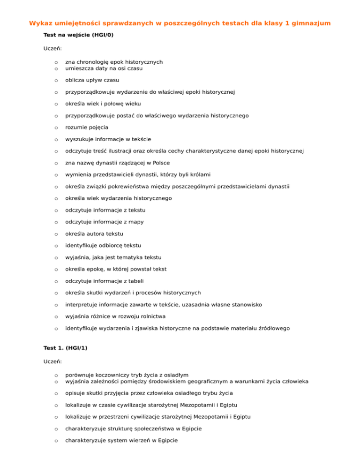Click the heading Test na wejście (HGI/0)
pyautogui.click(x=78, y=35)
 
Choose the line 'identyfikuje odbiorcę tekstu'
pyautogui.click(x=103, y=245)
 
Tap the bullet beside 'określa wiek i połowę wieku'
pyautogui.click(x=56, y=104)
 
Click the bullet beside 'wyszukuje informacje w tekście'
pyautogui.click(x=56, y=139)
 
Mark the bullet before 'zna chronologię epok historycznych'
pyautogui.click(x=56, y=62)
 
